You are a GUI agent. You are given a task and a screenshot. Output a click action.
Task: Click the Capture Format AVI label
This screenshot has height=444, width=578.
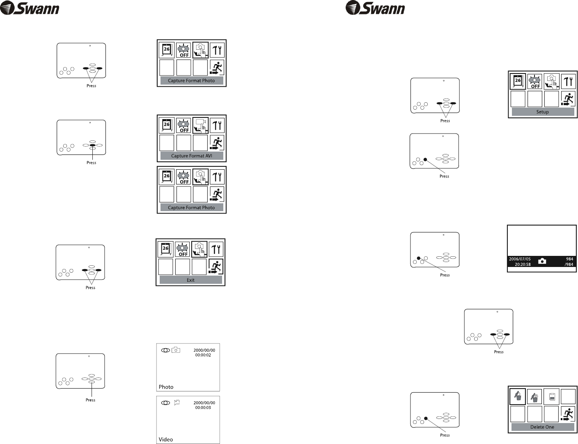pyautogui.click(x=191, y=156)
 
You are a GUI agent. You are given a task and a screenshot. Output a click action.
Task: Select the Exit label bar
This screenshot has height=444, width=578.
pyautogui.click(x=190, y=280)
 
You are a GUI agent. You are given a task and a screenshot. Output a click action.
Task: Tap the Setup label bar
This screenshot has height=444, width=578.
pyautogui.click(x=542, y=112)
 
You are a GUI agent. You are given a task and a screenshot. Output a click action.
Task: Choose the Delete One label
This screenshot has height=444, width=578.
pyautogui.click(x=542, y=427)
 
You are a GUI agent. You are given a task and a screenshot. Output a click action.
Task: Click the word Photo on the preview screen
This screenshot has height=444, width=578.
pyautogui.click(x=166, y=387)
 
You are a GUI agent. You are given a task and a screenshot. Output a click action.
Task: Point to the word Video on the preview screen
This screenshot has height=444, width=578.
pyautogui.click(x=166, y=439)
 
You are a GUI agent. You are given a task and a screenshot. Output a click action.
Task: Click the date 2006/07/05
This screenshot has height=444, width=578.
pyautogui.click(x=520, y=259)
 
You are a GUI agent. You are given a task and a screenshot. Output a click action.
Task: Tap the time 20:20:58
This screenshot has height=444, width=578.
pyautogui.click(x=523, y=265)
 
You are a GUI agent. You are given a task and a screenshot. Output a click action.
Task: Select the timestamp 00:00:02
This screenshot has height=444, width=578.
pyautogui.click(x=203, y=355)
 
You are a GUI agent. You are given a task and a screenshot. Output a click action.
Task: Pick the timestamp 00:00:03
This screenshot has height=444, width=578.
pyautogui.click(x=203, y=407)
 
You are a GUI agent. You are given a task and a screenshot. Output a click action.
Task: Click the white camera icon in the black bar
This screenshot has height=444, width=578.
pyautogui.click(x=542, y=261)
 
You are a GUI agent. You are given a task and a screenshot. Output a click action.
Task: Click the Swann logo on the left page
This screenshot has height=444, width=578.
pyautogui.click(x=30, y=9)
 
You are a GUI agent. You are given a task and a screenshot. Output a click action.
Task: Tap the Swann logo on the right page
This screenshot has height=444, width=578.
pyautogui.click(x=375, y=9)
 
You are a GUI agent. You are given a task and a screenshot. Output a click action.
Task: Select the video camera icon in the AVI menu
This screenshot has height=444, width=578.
pyautogui.click(x=200, y=125)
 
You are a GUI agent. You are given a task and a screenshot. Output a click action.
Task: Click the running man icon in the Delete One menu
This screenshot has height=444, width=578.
pyautogui.click(x=569, y=414)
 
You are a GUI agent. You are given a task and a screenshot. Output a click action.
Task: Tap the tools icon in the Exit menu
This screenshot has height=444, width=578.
pyautogui.click(x=216, y=249)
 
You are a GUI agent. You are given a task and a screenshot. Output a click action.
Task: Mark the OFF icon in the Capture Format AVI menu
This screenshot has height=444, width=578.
pyautogui.click(x=183, y=125)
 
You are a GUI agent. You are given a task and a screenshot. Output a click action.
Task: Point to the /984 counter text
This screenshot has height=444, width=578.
pyautogui.click(x=569, y=265)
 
